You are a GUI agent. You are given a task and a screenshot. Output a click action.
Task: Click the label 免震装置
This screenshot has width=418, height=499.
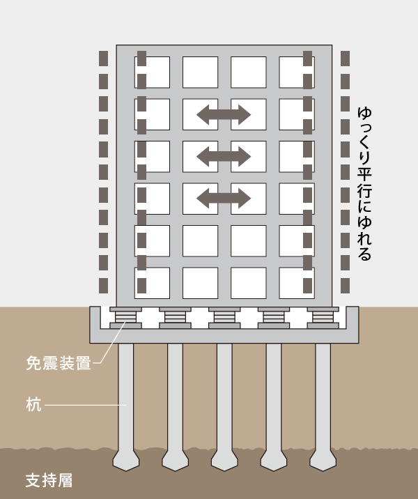pos(59,363)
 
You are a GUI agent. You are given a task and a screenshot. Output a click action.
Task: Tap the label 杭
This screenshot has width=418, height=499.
pos(33,405)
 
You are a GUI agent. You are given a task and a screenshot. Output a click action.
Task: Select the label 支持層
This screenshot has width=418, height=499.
pos(49,481)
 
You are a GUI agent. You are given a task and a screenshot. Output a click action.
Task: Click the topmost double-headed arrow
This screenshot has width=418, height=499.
pos(224,114)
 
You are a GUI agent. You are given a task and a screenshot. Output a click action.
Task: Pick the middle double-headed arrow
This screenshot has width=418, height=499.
pos(224,156)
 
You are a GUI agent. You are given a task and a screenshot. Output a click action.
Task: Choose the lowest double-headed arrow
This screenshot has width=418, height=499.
pos(224,198)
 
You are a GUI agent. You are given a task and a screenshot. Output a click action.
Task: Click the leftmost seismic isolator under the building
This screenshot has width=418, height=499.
pos(126,317)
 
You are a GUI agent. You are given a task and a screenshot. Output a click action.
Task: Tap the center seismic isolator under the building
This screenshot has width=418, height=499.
pos(224,317)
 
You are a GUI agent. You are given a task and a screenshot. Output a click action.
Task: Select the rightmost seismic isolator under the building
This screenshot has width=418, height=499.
pos(323,317)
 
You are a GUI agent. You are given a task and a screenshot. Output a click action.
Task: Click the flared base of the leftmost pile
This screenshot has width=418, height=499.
pos(126,458)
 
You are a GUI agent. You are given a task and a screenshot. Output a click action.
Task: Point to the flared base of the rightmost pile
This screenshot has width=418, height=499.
pos(323,458)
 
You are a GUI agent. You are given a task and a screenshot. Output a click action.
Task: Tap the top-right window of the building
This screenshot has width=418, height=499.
pos(297,72)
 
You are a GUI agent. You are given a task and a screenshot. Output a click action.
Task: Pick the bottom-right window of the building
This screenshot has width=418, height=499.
pos(297,283)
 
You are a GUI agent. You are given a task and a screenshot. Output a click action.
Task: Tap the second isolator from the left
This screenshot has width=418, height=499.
pos(175,317)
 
